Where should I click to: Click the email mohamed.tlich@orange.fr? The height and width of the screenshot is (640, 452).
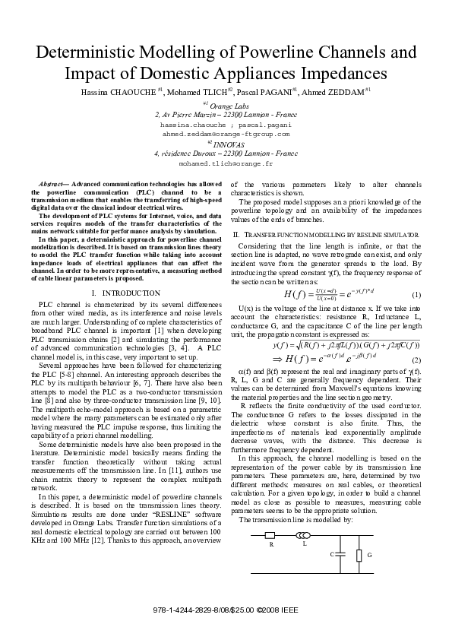[226, 163]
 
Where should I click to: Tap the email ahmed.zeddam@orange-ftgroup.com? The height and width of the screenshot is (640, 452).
[226, 133]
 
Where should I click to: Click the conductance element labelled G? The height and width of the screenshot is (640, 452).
[359, 556]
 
